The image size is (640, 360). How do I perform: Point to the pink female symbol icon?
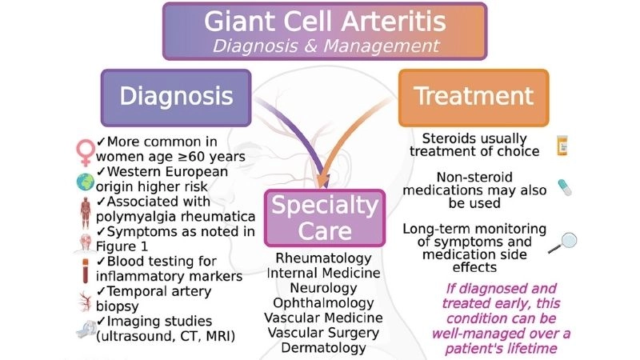tap(84, 149)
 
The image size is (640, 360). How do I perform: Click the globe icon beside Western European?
tap(85, 179)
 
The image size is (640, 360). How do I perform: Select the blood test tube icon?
tap(85, 268)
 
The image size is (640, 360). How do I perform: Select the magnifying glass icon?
tap(564, 240)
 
